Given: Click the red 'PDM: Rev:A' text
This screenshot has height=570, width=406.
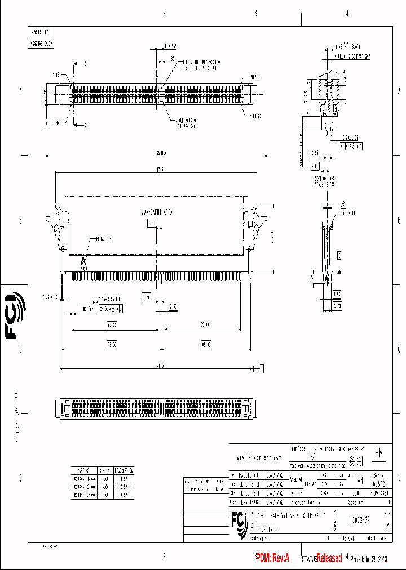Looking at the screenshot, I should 272,558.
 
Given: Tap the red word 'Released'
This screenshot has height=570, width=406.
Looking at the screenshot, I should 329,558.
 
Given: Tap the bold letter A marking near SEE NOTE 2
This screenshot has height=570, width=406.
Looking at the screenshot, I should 83,261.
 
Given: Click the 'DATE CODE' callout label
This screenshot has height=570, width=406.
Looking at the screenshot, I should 348,213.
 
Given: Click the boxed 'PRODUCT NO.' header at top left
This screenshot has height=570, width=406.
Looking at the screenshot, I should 41,33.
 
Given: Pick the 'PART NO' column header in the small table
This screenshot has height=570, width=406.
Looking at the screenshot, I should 82,469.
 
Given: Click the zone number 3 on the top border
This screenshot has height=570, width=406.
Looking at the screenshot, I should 255,14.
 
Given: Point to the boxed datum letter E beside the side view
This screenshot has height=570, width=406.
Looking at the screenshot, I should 339,255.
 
